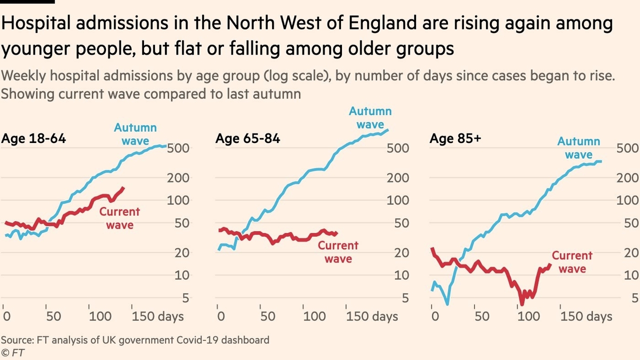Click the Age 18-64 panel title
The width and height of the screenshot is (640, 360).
(x=33, y=138)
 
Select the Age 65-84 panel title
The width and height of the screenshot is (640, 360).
(x=247, y=138)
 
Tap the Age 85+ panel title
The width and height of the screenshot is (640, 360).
(x=455, y=138)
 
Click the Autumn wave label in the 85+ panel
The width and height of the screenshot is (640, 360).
(x=578, y=148)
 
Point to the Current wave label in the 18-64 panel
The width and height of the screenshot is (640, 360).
(x=119, y=218)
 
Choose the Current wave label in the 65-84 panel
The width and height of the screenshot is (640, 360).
(x=338, y=252)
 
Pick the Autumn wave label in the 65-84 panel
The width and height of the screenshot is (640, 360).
(x=370, y=118)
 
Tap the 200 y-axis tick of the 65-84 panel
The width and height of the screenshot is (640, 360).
(x=397, y=178)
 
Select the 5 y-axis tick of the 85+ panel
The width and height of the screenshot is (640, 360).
(x=634, y=298)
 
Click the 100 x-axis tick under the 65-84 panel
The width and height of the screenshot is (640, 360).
(x=314, y=316)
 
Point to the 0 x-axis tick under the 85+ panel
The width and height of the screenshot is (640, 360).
(x=434, y=316)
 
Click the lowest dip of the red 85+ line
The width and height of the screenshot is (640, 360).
(x=522, y=303)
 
